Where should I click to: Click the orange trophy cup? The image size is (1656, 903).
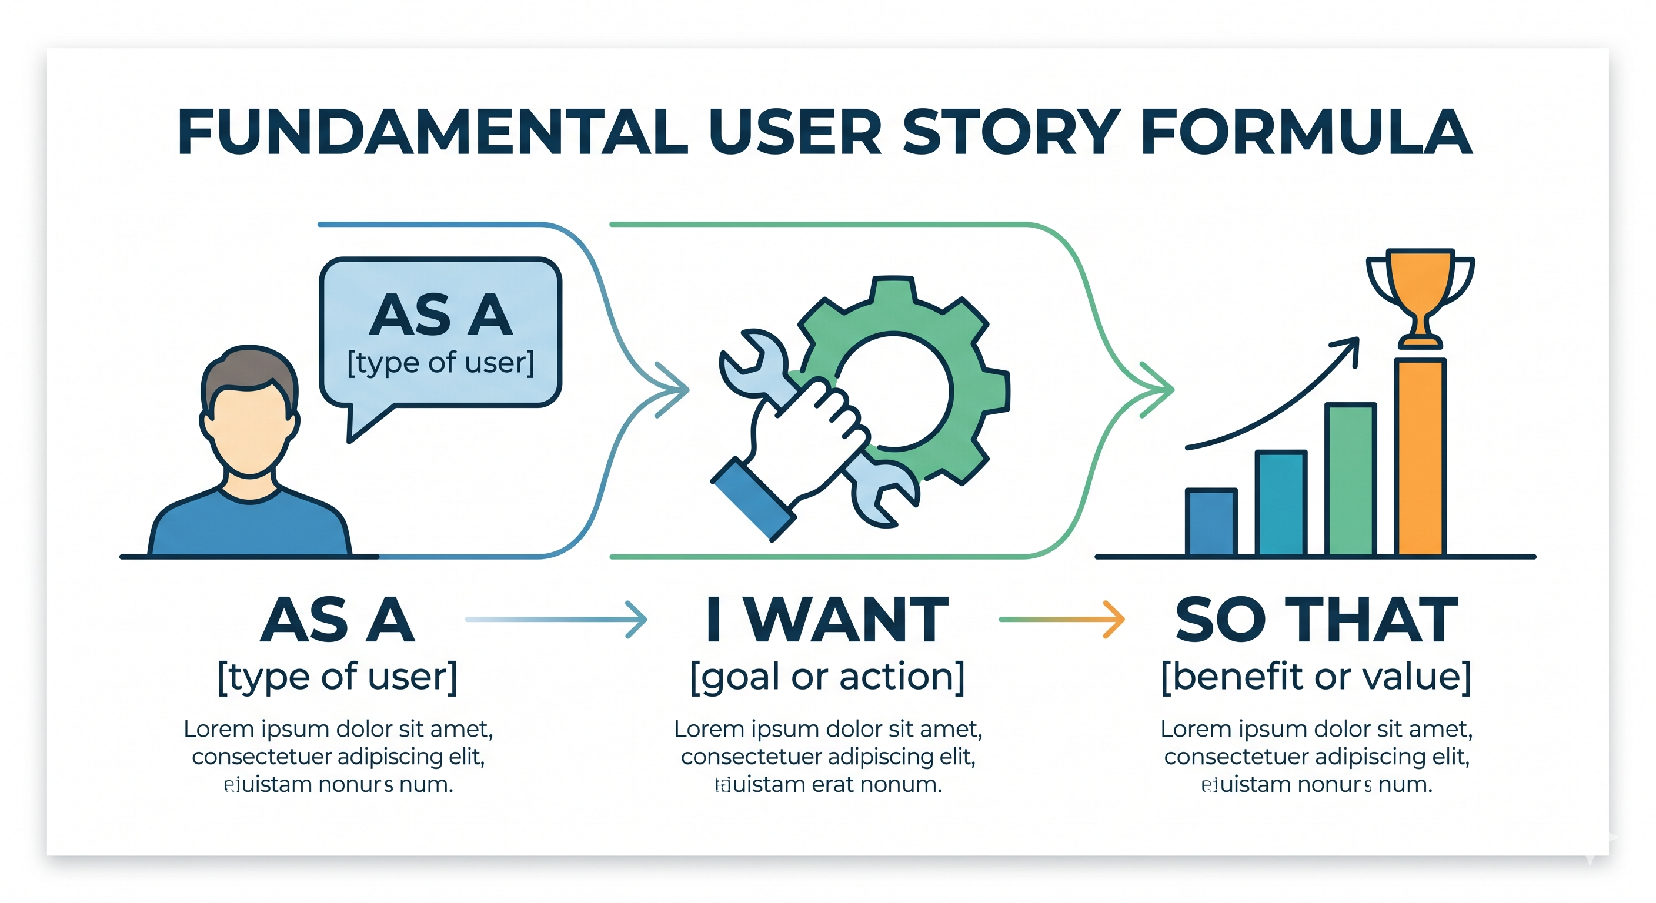[x=1420, y=283]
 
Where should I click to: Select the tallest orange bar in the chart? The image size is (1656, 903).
[x=1420, y=456]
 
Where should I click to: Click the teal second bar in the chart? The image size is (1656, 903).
[x=1281, y=503]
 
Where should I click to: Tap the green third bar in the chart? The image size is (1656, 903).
[x=1351, y=479]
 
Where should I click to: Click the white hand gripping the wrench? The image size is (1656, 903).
[x=803, y=437]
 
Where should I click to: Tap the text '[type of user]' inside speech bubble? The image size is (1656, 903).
[x=441, y=363]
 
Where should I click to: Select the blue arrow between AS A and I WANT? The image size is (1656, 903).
[x=557, y=619]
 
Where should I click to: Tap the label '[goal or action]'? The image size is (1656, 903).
[x=827, y=677]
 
